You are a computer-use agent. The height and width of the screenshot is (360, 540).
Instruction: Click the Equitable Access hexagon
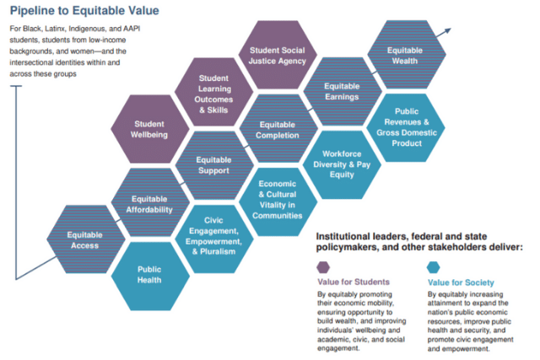(85, 239)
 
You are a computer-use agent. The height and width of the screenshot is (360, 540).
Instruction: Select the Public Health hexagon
(150, 276)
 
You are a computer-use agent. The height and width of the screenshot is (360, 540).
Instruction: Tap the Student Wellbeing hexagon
(150, 129)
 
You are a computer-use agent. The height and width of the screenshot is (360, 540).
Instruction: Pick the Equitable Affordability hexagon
(150, 202)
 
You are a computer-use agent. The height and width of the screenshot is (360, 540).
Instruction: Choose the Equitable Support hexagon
(214, 165)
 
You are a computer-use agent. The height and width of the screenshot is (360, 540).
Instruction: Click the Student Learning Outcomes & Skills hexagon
(213, 92)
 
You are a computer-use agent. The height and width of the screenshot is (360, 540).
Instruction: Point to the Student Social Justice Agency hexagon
(278, 55)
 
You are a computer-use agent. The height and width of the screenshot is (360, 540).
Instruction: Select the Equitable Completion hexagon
(278, 129)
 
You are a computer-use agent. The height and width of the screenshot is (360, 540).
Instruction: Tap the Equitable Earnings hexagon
(343, 92)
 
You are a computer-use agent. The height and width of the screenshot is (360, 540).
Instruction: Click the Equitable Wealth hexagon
(407, 54)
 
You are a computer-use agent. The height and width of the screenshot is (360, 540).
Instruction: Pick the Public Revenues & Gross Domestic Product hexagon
(406, 127)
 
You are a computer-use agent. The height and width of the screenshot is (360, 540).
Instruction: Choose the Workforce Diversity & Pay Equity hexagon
(342, 165)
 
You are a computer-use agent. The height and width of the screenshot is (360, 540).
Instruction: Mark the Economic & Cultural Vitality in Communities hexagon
(278, 202)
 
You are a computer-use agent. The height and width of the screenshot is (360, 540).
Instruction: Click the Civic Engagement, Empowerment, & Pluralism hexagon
(214, 239)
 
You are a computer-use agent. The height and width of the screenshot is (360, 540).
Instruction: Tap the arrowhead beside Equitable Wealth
(447, 31)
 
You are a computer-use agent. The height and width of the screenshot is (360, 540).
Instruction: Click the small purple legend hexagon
(323, 267)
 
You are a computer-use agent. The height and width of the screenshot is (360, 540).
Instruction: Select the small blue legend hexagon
(433, 267)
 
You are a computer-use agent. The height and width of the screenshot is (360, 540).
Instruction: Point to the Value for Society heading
(461, 282)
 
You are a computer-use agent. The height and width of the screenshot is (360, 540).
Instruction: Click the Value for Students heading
(354, 282)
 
